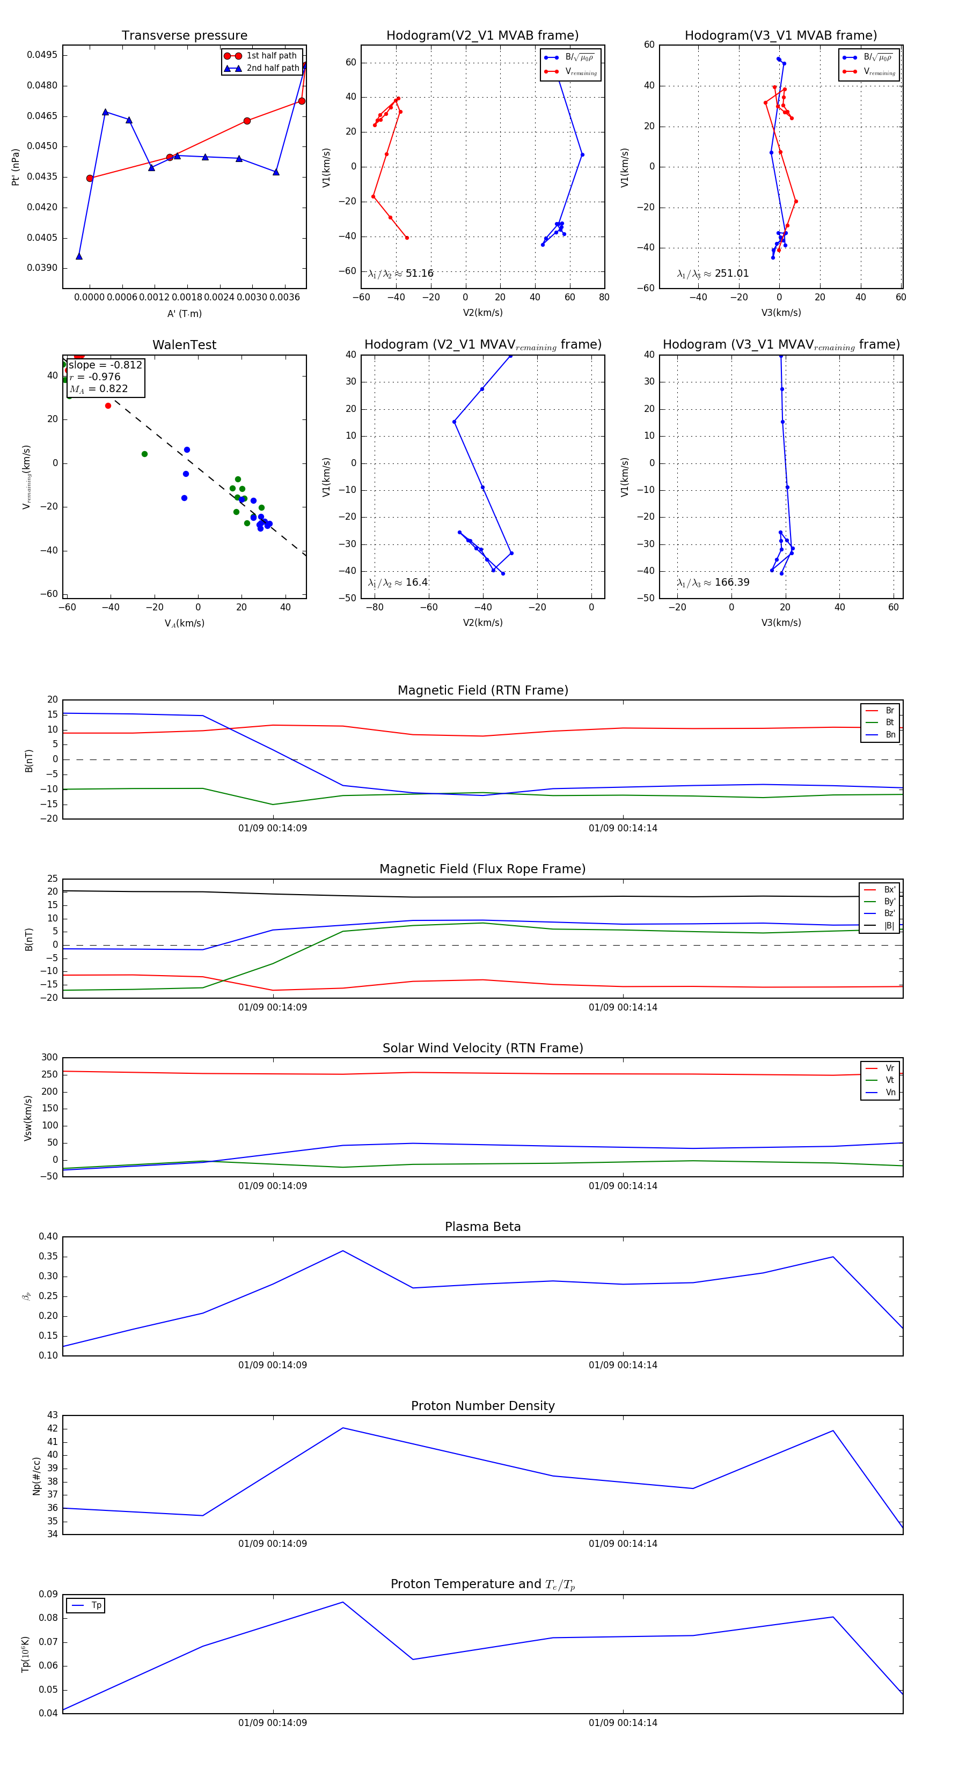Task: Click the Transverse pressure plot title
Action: (184, 36)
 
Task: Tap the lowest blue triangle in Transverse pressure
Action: (79, 256)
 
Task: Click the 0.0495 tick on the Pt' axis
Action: (42, 55)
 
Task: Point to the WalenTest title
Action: (184, 345)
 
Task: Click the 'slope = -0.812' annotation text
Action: (105, 365)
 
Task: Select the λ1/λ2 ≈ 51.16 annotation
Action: (401, 274)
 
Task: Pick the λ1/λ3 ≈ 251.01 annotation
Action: (713, 274)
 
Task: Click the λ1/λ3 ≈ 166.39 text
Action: (713, 582)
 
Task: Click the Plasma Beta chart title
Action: (482, 1227)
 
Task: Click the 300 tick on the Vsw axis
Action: (49, 1058)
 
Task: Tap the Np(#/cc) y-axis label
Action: (36, 1475)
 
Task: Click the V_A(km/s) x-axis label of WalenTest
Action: (184, 623)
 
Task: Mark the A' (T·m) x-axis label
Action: (184, 313)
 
